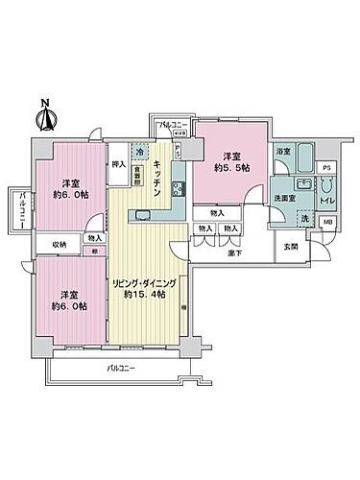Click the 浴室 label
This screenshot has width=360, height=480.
(283, 152)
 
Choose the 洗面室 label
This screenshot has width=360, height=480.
(282, 200)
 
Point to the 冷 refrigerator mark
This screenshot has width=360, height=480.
(140, 152)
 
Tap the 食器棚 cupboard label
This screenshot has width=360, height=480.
(138, 176)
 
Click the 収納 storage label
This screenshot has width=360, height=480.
(59, 245)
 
